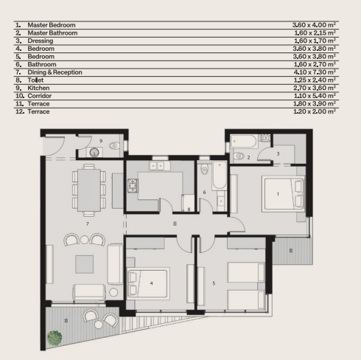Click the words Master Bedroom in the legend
(x=51, y=25)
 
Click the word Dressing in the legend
(x=41, y=41)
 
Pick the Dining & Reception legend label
(x=55, y=72)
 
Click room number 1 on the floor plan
(x=278, y=194)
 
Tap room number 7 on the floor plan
(x=87, y=222)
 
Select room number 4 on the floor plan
(x=151, y=283)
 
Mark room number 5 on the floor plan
(x=214, y=283)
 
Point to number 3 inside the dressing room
(x=278, y=153)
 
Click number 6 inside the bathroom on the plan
(x=205, y=193)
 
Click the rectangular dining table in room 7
(x=88, y=188)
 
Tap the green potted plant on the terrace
(x=55, y=339)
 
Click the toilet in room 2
(x=237, y=156)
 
